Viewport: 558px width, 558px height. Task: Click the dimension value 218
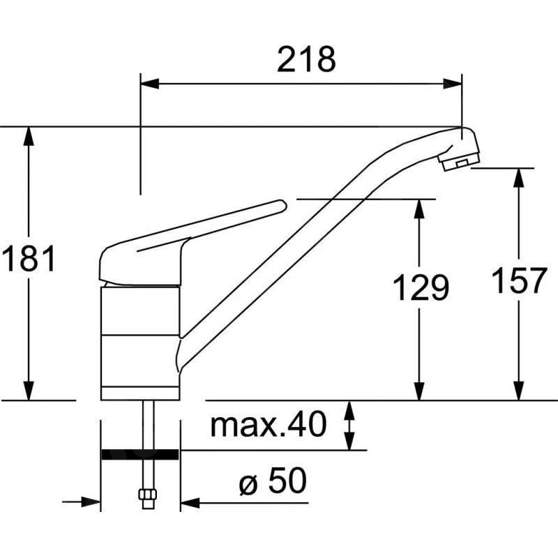click(306, 61)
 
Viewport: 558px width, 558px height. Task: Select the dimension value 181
click(28, 260)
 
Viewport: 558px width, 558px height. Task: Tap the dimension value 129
click(419, 287)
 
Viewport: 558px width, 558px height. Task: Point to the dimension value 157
click(518, 281)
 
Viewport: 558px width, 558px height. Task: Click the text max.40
click(269, 424)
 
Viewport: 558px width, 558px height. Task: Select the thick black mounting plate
click(139, 455)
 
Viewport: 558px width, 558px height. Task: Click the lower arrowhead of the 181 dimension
click(29, 392)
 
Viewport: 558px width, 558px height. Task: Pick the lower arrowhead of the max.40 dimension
click(349, 441)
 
